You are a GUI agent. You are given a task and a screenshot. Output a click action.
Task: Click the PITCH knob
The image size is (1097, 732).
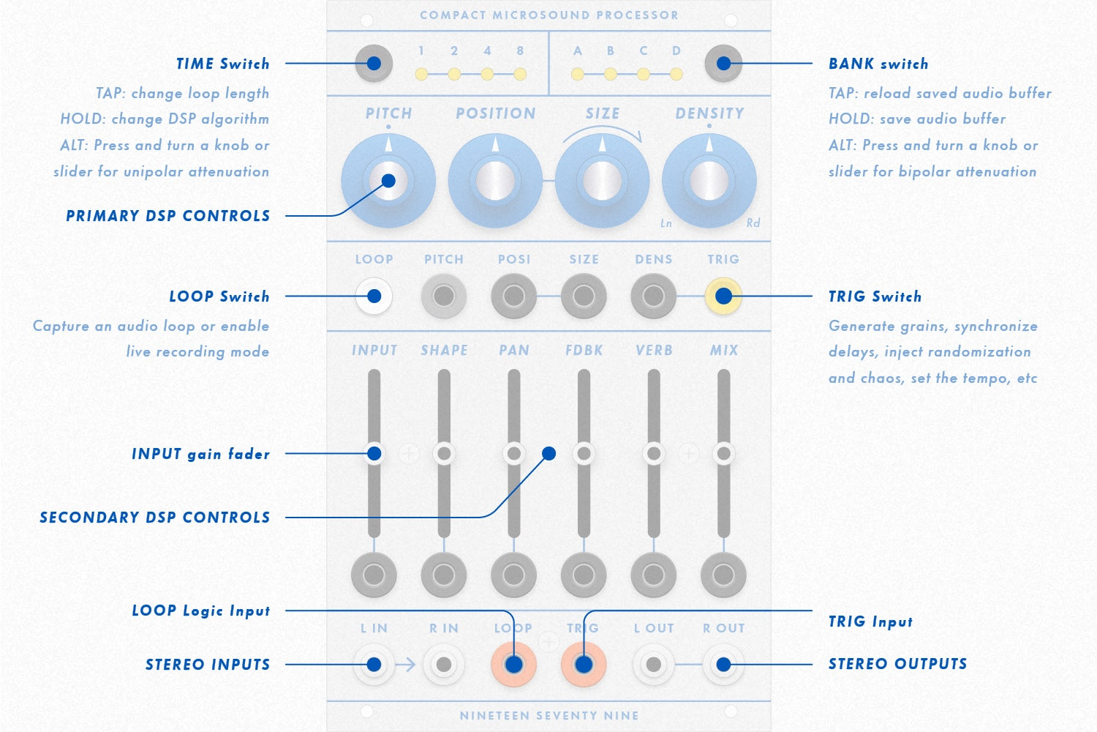pos(388,180)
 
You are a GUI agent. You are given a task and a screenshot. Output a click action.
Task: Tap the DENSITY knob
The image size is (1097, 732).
pos(709,180)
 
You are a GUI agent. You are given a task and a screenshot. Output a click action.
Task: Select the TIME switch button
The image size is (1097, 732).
pos(374,64)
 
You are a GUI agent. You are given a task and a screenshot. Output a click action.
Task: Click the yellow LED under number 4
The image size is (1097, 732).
pos(487,74)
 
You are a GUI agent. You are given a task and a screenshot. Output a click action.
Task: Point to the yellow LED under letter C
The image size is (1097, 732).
pos(644,74)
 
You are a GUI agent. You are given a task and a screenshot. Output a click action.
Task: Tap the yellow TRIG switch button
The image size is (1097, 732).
pos(723,296)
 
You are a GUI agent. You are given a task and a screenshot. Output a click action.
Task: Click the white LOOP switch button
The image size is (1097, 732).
pos(374,296)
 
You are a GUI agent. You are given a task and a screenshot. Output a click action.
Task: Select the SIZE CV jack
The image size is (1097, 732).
pos(584,296)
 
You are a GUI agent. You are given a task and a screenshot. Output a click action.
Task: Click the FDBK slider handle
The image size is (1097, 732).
pos(584,454)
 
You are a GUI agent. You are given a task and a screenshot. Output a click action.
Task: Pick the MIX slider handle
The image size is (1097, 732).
pos(723,454)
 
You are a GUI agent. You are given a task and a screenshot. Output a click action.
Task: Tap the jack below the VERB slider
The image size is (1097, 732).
pos(654,575)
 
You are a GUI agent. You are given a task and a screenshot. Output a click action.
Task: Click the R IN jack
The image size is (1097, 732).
pos(444,665)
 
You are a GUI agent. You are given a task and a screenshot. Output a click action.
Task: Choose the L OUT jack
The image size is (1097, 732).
pos(654,665)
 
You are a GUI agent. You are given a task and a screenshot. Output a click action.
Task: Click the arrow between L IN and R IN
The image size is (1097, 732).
pos(406,665)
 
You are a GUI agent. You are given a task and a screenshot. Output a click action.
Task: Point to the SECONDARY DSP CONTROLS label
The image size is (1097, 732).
pos(154,518)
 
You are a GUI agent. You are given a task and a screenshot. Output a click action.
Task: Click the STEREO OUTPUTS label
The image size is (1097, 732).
pos(897,664)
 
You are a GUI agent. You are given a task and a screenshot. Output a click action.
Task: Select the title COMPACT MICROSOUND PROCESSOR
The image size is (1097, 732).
pos(548,15)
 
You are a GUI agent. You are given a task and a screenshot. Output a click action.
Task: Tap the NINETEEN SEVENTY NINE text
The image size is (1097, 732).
pos(548,716)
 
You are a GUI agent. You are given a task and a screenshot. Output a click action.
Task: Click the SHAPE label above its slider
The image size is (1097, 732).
pos(444,351)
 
